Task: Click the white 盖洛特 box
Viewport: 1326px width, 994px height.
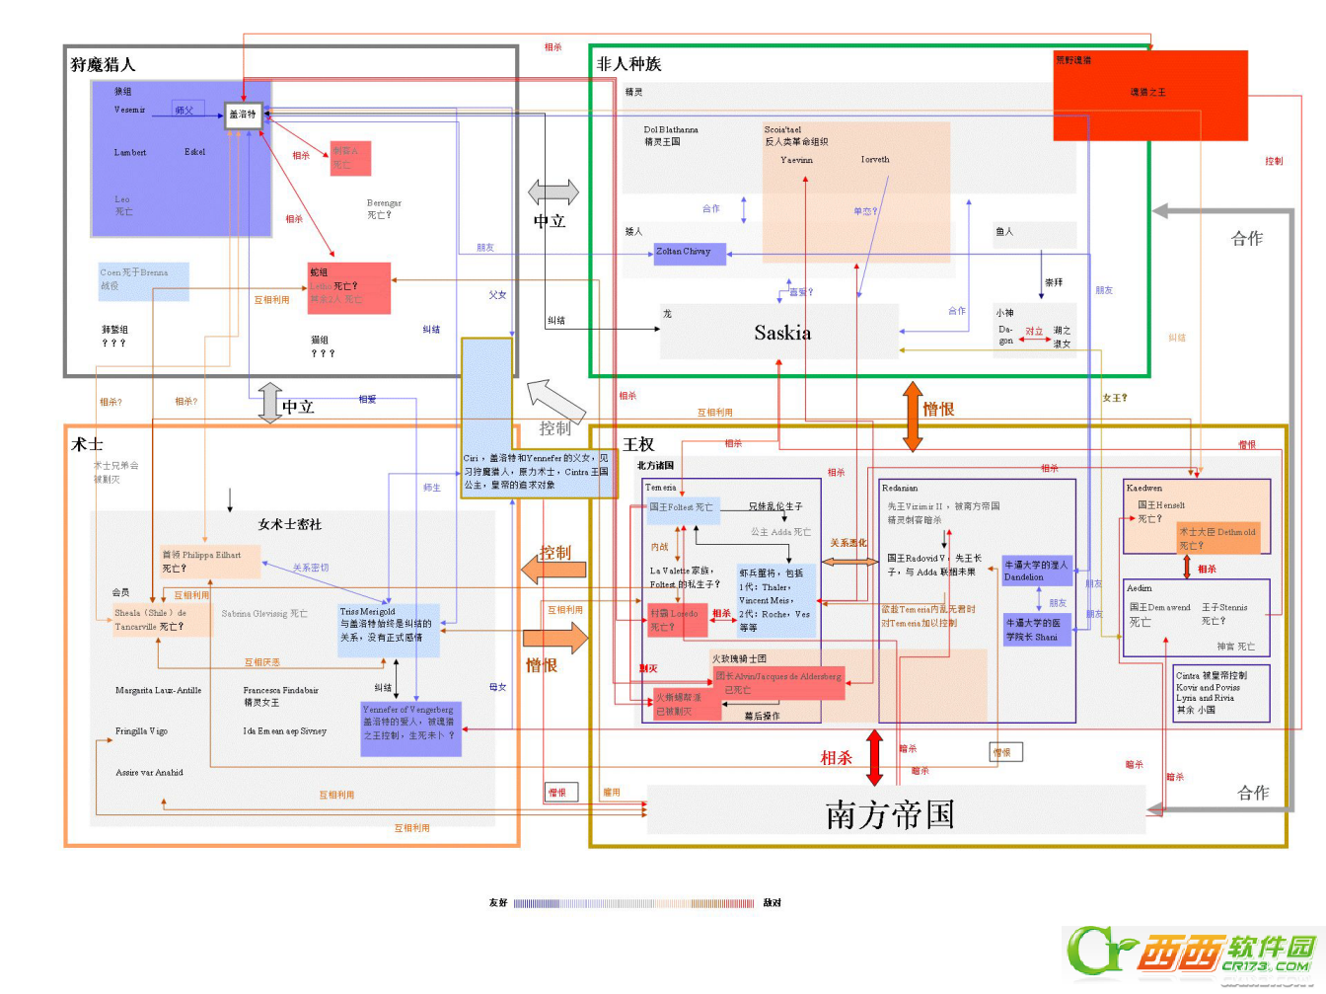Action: pos(243,115)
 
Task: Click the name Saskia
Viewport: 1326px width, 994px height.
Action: pos(782,333)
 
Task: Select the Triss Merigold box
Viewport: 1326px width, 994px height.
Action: pos(387,626)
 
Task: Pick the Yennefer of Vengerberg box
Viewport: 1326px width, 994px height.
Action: pos(410,727)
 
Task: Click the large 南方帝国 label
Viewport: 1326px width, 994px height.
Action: pos(890,814)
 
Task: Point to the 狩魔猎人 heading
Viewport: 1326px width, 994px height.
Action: pos(104,65)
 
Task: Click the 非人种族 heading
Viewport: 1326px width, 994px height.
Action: pos(628,64)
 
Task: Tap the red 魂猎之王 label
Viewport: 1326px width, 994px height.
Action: pos(1147,92)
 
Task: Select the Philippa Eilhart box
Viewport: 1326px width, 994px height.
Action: pos(209,561)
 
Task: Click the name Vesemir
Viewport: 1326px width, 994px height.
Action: pos(129,110)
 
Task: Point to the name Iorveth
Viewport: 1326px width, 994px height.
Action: pos(874,159)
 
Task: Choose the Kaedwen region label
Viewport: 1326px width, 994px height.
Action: pos(1144,488)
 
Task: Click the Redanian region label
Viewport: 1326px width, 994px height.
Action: pos(899,488)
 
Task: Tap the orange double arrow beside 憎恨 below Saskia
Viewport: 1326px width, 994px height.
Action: pos(913,416)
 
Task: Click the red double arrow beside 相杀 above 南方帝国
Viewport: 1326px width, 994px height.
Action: pos(874,757)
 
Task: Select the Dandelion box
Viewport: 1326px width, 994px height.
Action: pos(1036,571)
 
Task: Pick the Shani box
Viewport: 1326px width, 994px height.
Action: pos(1036,630)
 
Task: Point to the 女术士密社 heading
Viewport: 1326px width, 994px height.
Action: pos(290,524)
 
